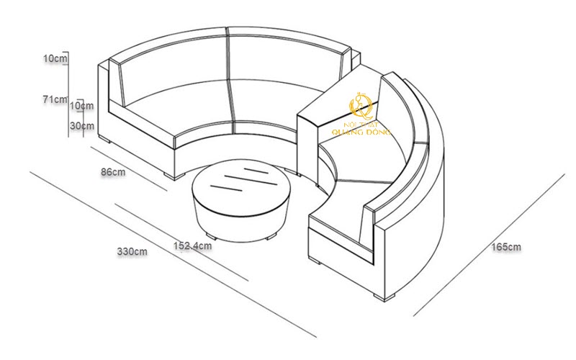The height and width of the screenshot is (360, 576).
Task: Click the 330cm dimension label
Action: coord(132,251)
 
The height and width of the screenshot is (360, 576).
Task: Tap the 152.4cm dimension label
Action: coord(192,246)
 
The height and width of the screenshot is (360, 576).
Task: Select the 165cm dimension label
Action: coord(506,247)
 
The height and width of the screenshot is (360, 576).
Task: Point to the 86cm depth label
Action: coord(113,171)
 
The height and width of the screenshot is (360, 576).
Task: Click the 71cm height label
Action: coord(55,99)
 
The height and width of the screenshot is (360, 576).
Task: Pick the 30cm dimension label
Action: coord(82,125)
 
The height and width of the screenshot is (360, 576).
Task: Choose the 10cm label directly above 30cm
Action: coord(81,106)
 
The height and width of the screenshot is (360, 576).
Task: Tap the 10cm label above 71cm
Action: coord(55,58)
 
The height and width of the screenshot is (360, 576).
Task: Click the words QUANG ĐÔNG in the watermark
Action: coord(361,132)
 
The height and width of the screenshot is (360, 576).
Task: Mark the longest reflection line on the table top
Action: coord(250,180)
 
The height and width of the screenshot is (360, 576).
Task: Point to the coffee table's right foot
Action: coord(271,235)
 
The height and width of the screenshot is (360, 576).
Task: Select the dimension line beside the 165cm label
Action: coord(489,245)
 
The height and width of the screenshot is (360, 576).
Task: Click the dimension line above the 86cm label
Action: coord(129,168)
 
